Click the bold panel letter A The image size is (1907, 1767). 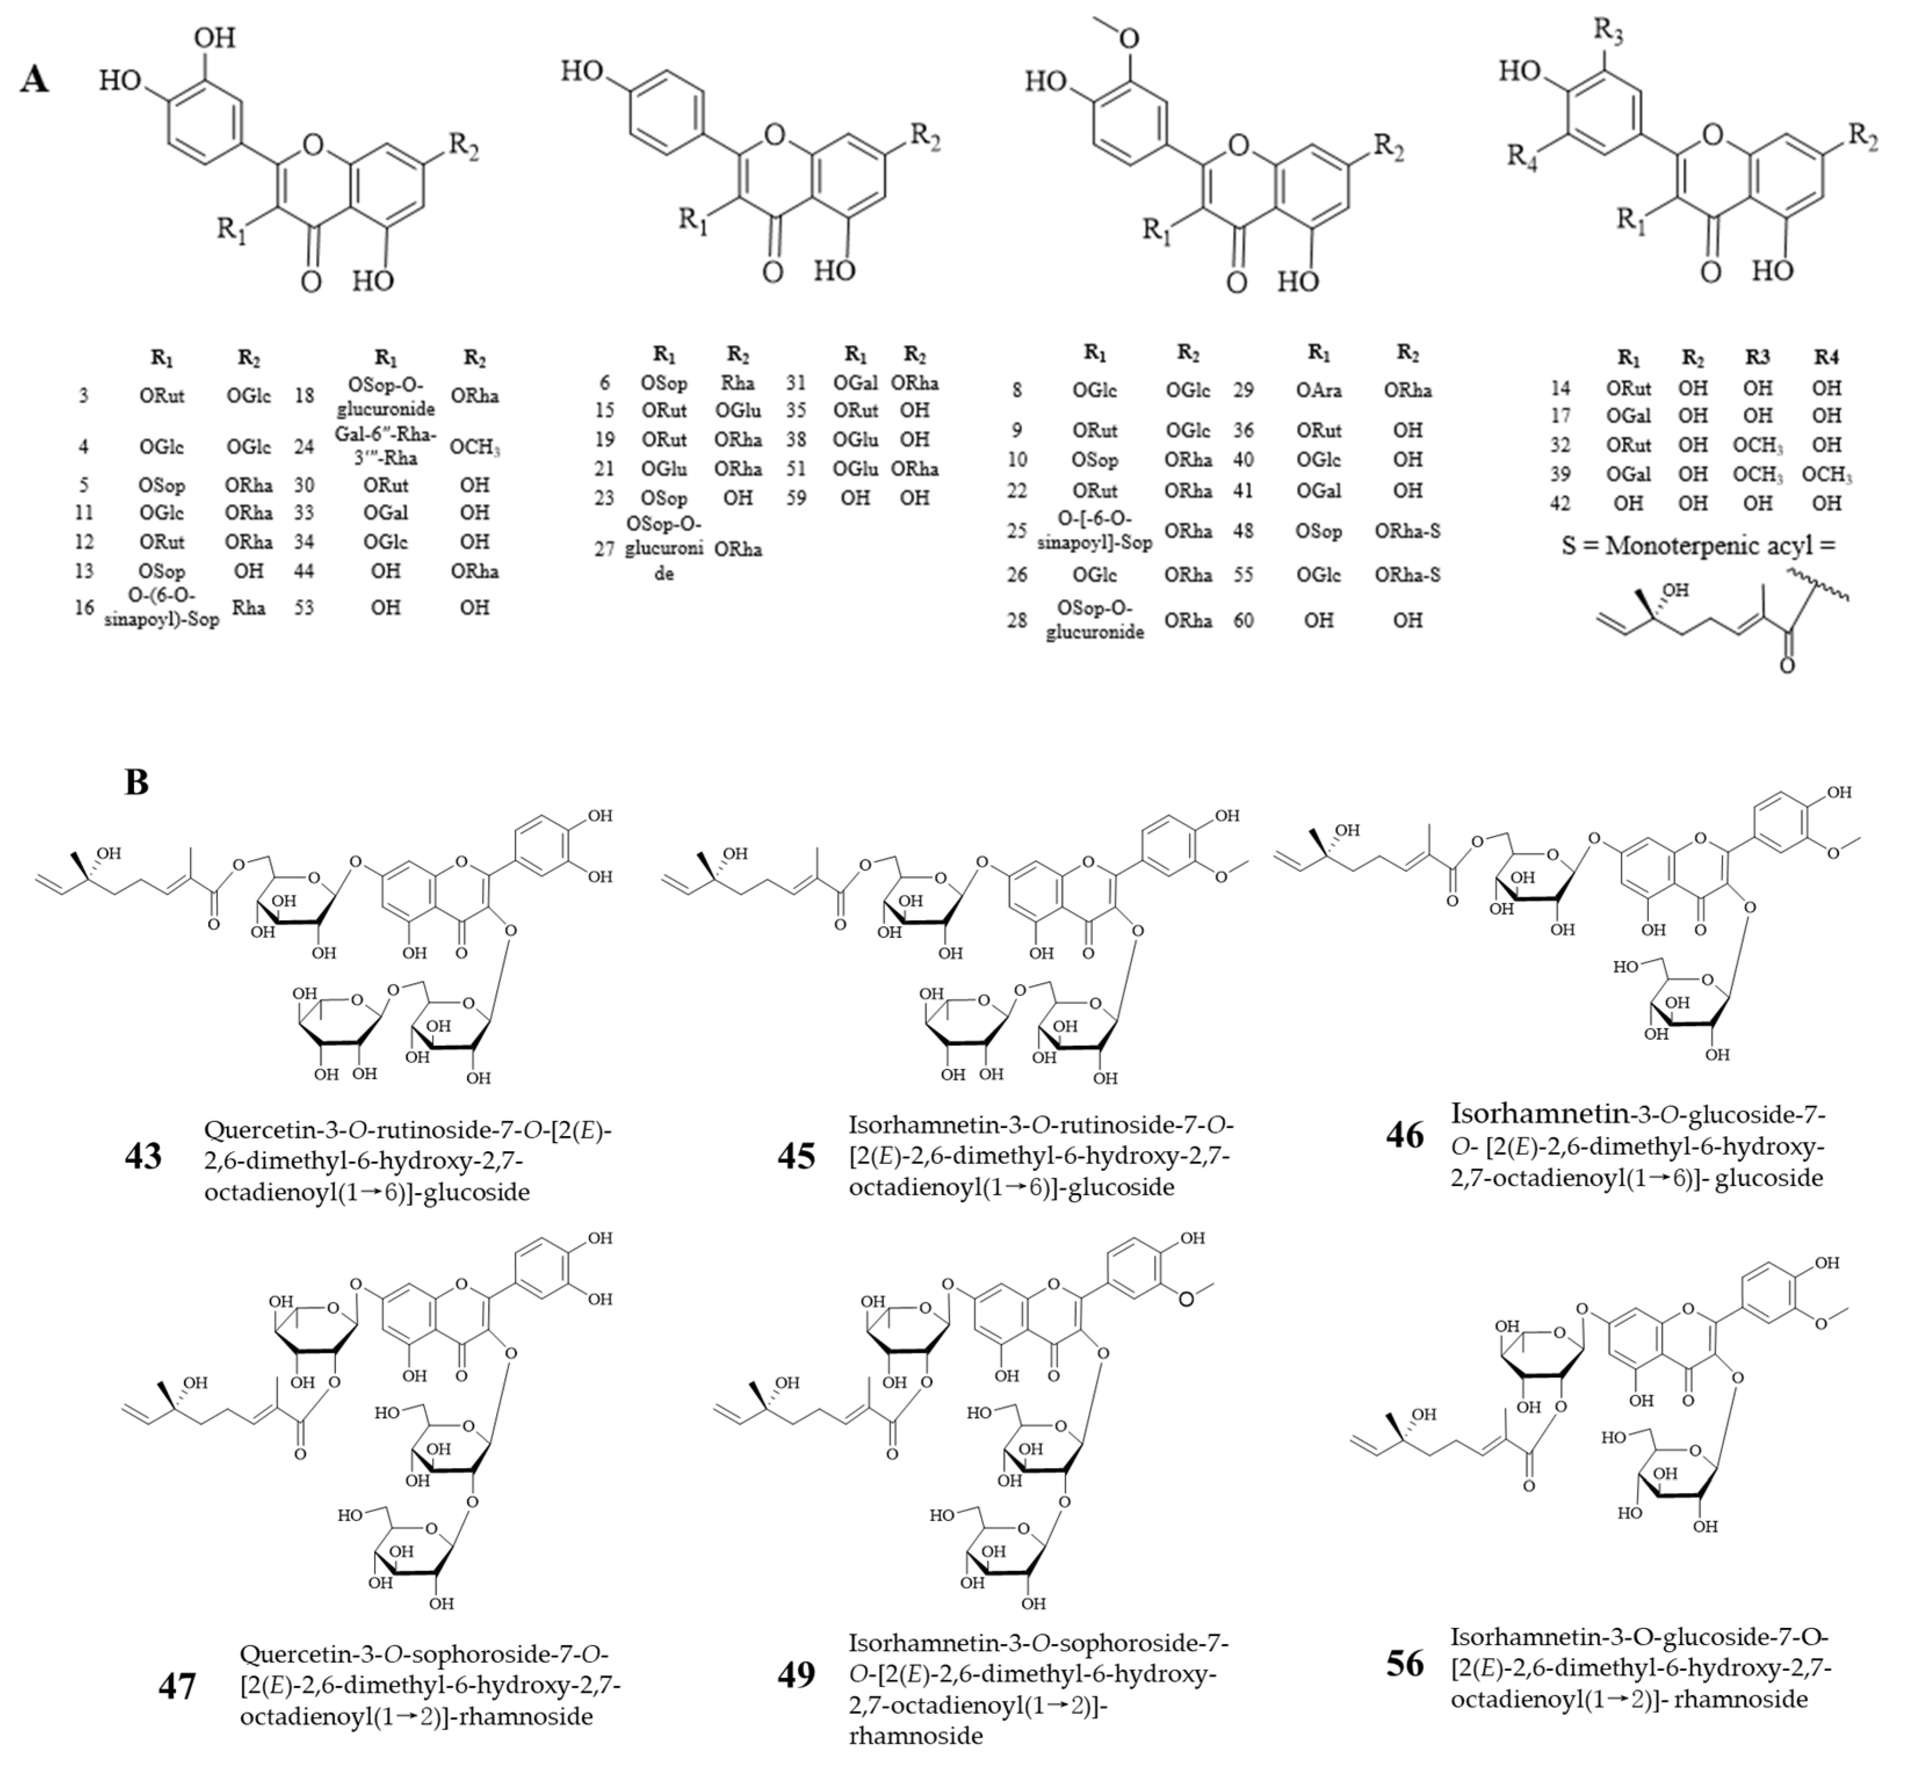click(x=34, y=79)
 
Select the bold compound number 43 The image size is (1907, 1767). click(x=143, y=1156)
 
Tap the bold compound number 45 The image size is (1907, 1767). click(x=797, y=1156)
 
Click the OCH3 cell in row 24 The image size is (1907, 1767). click(x=475, y=447)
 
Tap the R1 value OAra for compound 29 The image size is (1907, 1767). click(x=1319, y=390)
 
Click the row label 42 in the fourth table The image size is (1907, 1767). click(x=1560, y=503)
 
